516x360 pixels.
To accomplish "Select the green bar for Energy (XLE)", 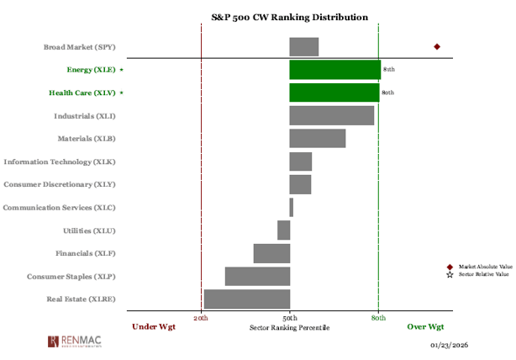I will [x=334, y=70].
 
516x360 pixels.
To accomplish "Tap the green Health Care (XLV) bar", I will [x=334, y=93].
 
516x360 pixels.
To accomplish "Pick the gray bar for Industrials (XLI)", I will [x=331, y=115].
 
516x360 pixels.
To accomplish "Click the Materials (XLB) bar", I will [x=317, y=138].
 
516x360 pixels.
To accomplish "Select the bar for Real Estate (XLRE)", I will [x=246, y=299].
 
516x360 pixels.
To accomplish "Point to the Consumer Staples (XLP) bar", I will [x=257, y=276].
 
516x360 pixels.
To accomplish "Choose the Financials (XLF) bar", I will [x=271, y=253].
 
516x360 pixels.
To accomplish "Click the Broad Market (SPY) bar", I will [x=303, y=47].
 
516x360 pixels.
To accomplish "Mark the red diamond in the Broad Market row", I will [x=436, y=47].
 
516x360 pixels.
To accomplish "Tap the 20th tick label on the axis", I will [x=202, y=318].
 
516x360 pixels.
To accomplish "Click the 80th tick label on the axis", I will [x=378, y=318].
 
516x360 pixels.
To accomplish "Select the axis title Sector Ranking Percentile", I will [x=290, y=326].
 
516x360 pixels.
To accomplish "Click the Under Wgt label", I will [x=155, y=326].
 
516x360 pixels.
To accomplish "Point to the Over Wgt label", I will [x=426, y=326].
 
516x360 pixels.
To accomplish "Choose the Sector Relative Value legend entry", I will [x=483, y=274].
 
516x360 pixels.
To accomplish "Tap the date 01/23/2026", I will [x=449, y=346].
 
